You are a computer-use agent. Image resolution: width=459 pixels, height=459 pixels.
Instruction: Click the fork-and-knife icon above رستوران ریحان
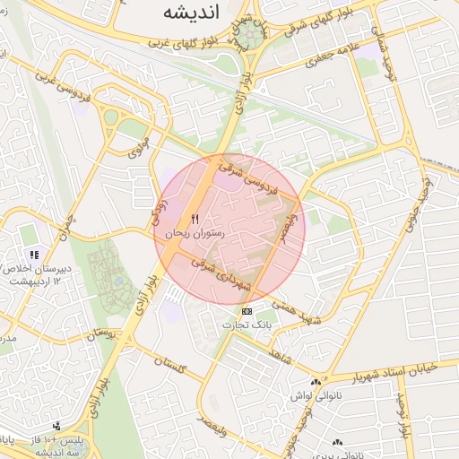[x=195, y=219]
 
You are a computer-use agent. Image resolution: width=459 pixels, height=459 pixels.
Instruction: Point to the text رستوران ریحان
[x=195, y=232]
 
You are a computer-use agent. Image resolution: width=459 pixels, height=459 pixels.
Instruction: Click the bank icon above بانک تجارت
[x=247, y=311]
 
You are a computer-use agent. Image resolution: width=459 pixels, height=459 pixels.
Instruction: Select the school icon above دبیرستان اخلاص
[x=34, y=255]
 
